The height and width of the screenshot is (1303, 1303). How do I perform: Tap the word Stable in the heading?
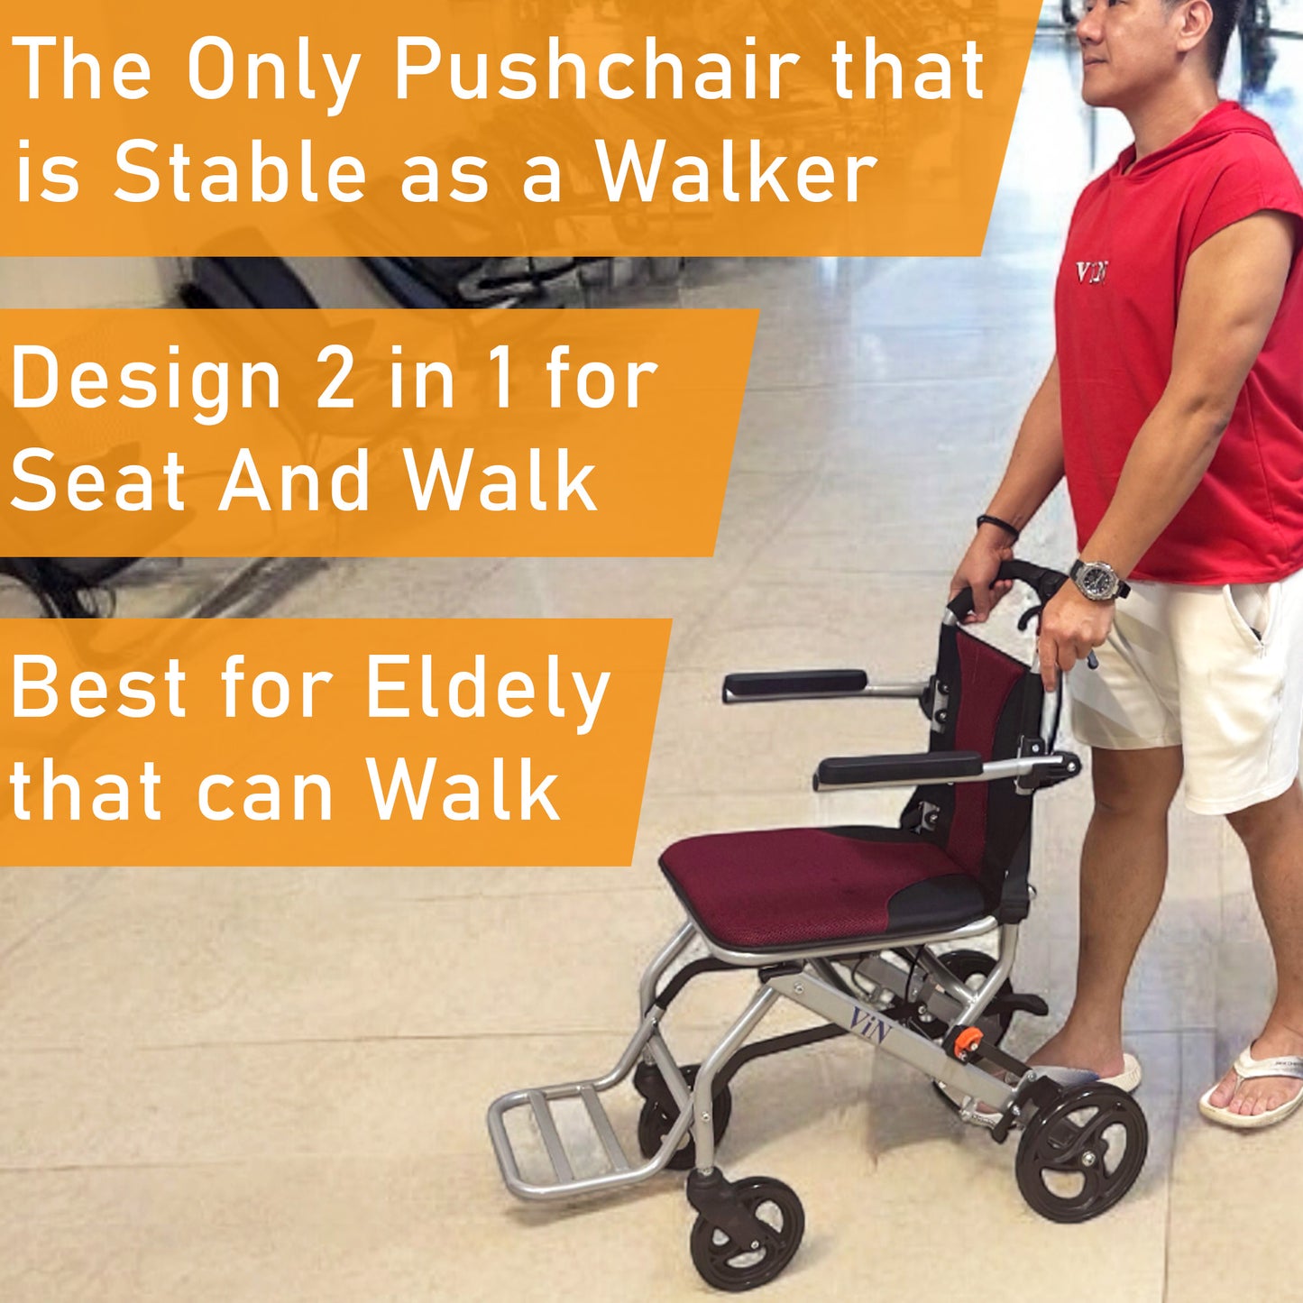(239, 173)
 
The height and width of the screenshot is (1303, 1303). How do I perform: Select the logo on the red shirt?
(1092, 271)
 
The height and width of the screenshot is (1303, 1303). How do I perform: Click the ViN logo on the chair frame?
(870, 1024)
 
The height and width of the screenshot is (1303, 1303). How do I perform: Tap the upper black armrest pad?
(794, 684)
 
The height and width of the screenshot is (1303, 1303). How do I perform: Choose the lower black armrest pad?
(898, 769)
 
